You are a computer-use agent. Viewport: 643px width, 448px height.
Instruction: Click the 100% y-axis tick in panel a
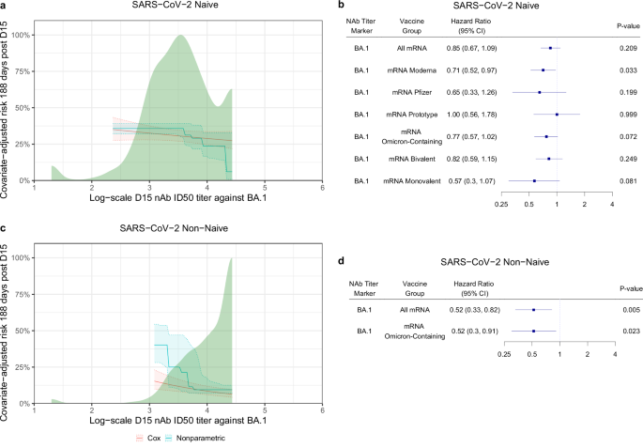coord(21,35)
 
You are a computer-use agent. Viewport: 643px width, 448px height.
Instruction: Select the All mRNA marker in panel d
coord(533,309)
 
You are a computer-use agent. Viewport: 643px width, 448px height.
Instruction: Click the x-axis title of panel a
coord(178,199)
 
